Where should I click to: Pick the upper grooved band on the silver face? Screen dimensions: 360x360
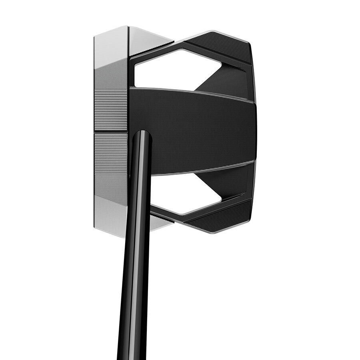tap(111, 110)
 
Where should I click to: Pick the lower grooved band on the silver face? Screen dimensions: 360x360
tap(111, 154)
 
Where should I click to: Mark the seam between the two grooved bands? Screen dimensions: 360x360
tap(111, 132)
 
